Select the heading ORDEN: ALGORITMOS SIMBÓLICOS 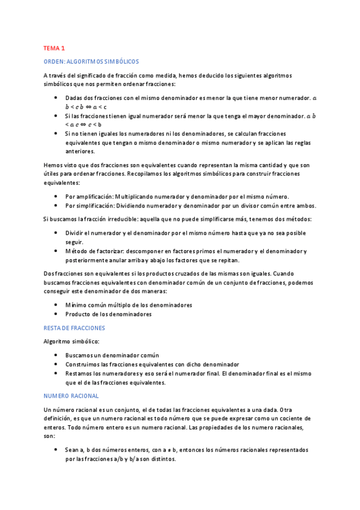point(91,61)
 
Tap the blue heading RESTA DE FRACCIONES point(74,328)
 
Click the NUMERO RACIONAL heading point(71,396)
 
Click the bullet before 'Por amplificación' point(56,197)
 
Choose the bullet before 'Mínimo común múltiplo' point(56,305)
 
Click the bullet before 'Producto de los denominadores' point(56,314)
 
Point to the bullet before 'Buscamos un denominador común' point(56,355)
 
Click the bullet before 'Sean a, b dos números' point(56,449)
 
